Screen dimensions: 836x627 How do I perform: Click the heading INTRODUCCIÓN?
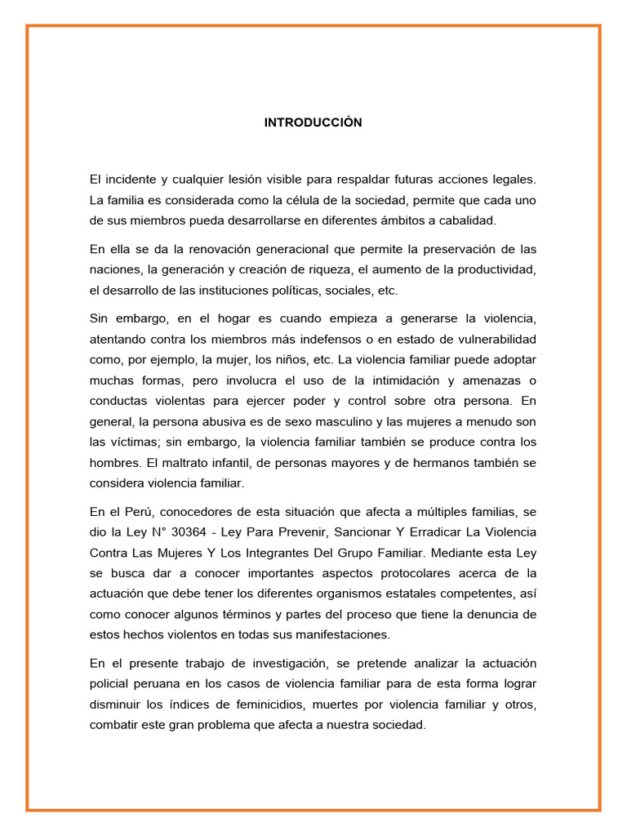click(313, 122)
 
